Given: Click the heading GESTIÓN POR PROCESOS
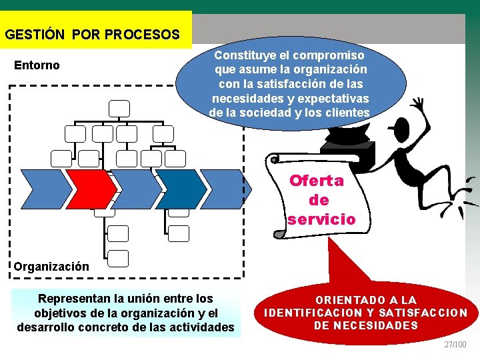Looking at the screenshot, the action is point(92,34).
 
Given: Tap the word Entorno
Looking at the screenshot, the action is point(37,65).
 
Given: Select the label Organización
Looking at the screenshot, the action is point(51,266).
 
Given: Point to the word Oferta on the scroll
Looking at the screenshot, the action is point(317,180).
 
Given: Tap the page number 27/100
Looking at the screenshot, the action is point(456,344).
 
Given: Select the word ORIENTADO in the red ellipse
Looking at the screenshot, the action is point(349,300).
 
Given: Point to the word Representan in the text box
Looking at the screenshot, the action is point(71,298).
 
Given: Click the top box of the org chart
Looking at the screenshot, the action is point(120,107).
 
